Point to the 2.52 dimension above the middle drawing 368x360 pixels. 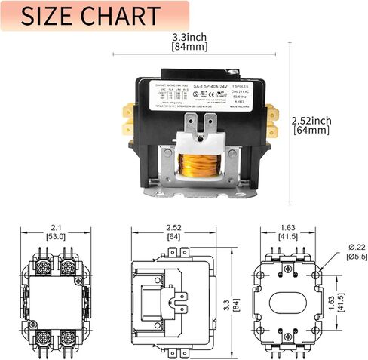click(x=175, y=227)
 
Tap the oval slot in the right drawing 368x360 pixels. click(x=290, y=294)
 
